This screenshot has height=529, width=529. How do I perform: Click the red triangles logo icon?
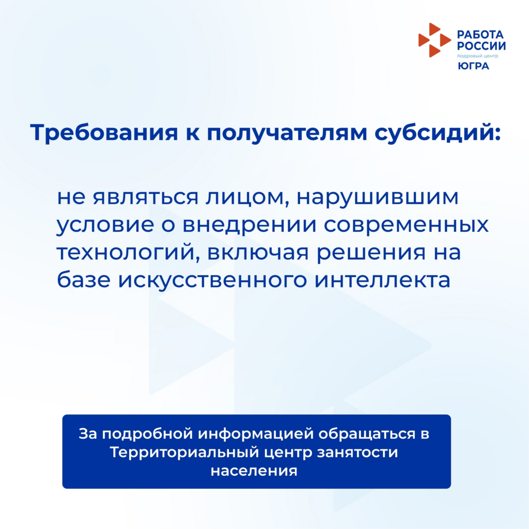pos(434,40)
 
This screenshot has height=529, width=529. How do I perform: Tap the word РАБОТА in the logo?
pos(480,35)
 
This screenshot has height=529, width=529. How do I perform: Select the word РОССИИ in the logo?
pos(481,45)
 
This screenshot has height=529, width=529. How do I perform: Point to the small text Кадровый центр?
pos(477,56)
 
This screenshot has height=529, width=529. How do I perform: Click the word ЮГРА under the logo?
pos(473,66)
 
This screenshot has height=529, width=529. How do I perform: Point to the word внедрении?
pos(250,225)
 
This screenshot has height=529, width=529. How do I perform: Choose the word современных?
pos(406,225)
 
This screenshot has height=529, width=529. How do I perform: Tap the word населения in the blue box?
pos(254,471)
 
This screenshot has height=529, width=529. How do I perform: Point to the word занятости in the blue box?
pos(357,453)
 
